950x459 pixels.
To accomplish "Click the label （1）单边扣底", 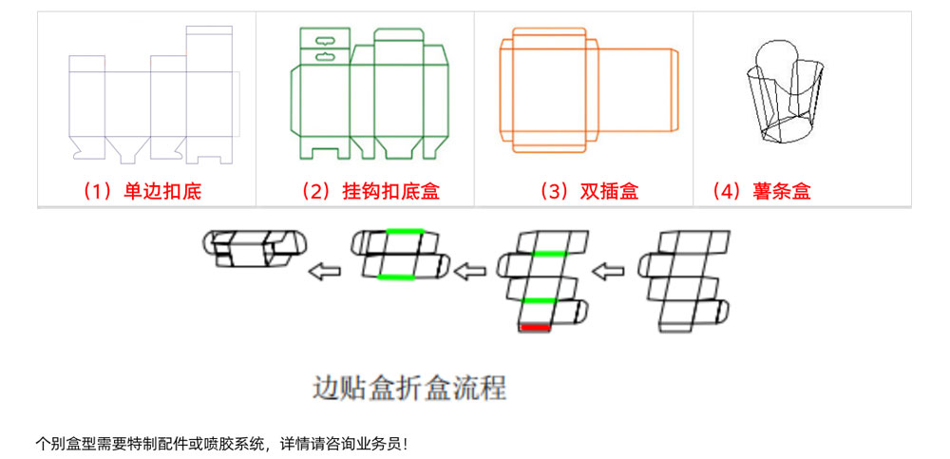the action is [142, 192].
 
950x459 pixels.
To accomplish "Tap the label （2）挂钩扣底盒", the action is [370, 192].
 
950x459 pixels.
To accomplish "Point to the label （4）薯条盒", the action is [761, 192].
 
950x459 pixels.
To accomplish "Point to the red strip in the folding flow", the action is [534, 328].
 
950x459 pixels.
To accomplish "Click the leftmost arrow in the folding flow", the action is [324, 271].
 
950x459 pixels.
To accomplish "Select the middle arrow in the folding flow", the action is [471, 271].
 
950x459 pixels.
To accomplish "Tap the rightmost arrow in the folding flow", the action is [608, 271].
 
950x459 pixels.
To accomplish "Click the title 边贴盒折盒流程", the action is [408, 388].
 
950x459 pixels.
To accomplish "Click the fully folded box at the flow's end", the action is [255, 248].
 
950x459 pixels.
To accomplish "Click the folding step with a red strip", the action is [540, 281].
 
